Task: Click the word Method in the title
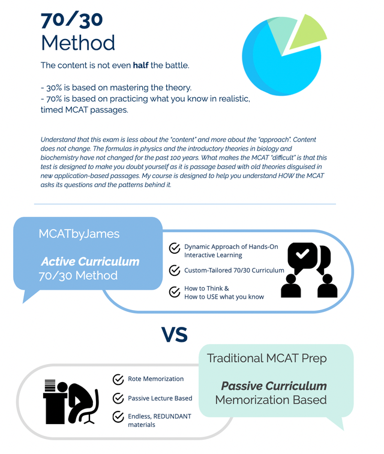78,43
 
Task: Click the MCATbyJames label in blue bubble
79,233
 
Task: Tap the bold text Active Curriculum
90,261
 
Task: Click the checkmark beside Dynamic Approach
175,248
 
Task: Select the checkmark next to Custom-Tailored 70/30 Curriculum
175,270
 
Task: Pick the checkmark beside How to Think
175,292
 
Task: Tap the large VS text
175,334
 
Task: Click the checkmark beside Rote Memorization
118,379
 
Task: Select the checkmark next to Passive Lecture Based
118,398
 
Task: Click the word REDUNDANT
174,416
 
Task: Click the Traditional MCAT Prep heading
267,359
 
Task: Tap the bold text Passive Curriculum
274,386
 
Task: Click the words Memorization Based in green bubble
271,400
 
